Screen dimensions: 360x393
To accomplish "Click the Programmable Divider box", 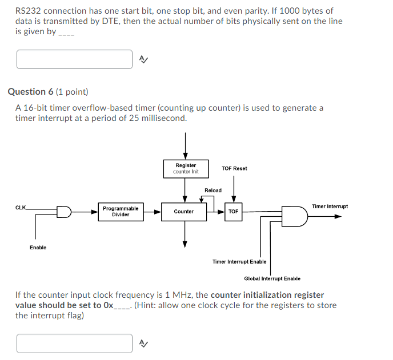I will pyautogui.click(x=121, y=212).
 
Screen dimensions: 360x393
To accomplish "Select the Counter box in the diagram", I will pyautogui.click(x=184, y=212).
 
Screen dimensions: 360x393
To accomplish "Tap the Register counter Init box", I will pyautogui.click(x=186, y=168).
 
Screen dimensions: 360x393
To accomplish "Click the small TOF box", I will pyautogui.click(x=233, y=212).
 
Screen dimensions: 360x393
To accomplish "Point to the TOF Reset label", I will pyautogui.click(x=234, y=168).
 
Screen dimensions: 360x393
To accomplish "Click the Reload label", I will pyautogui.click(x=213, y=190).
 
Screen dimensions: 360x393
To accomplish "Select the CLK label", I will pyautogui.click(x=21, y=207).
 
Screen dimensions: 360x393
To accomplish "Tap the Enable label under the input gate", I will pyautogui.click(x=38, y=247).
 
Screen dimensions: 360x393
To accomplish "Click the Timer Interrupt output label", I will pyautogui.click(x=330, y=206).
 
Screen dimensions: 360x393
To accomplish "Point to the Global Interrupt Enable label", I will pyautogui.click(x=272, y=278).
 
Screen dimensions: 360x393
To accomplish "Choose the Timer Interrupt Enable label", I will pyautogui.click(x=239, y=262).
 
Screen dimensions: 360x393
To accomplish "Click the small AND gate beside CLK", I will pyautogui.click(x=64, y=212).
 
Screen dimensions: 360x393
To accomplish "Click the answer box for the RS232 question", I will pyautogui.click(x=75, y=59).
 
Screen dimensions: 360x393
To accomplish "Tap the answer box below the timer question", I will pyautogui.click(x=75, y=343).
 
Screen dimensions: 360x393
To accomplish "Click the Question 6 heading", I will pyautogui.click(x=48, y=91).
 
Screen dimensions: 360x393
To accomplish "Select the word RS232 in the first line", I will pyautogui.click(x=28, y=11).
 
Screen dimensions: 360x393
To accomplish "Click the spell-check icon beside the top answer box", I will pyautogui.click(x=144, y=59).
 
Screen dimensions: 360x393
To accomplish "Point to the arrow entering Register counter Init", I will pyautogui.click(x=186, y=145).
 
